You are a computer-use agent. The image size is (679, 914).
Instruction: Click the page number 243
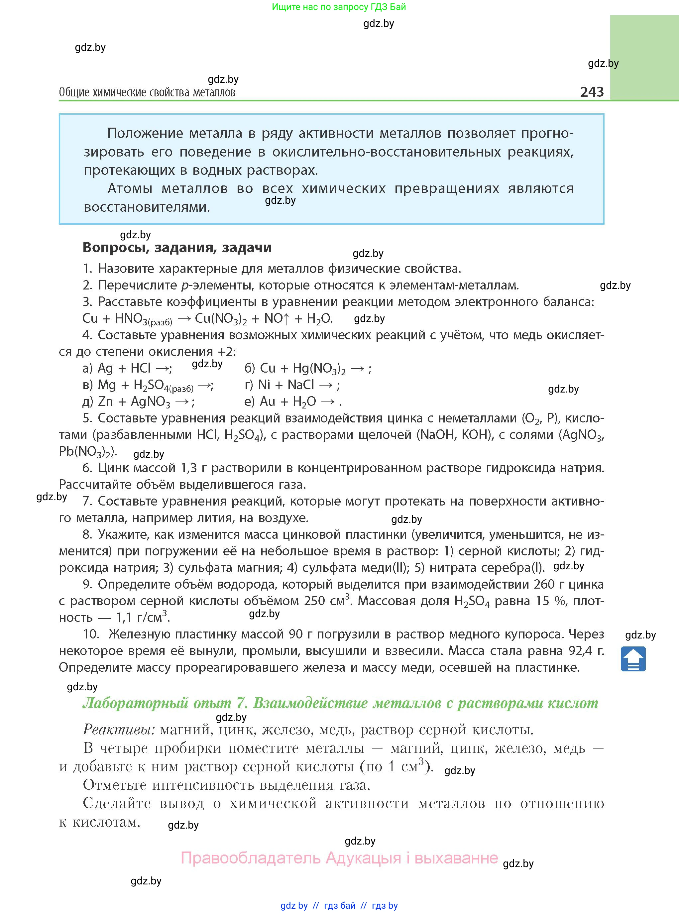(592, 92)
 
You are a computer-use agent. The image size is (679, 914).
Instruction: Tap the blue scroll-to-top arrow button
(633, 659)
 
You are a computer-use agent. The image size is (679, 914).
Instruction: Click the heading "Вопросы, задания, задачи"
(177, 247)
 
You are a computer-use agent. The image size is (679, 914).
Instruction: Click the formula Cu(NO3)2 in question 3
(221, 318)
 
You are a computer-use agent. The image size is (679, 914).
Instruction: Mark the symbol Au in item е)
(268, 401)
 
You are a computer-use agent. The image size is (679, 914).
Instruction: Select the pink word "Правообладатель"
(251, 858)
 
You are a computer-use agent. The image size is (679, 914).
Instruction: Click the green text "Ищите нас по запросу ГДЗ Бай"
(339, 7)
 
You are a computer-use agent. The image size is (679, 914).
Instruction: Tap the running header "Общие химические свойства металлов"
(147, 92)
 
